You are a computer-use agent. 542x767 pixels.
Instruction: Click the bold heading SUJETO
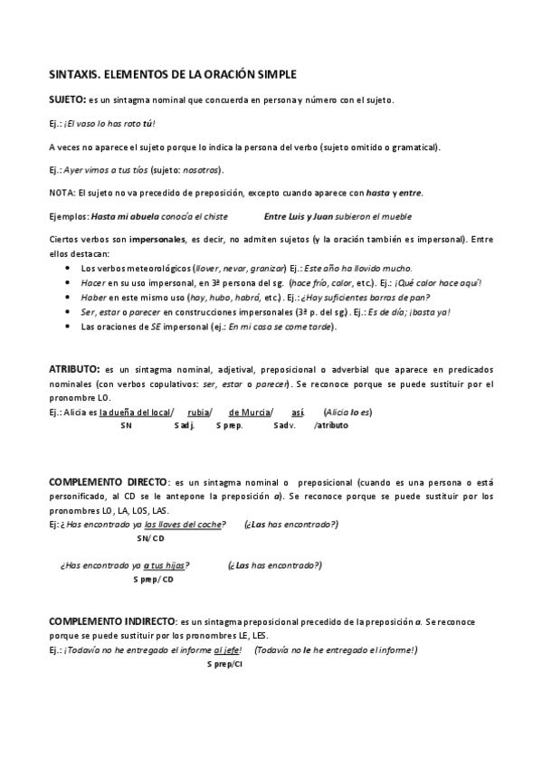[x=67, y=99]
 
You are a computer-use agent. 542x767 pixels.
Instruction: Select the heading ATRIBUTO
[x=73, y=370]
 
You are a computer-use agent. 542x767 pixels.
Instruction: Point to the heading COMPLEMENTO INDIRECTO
[x=113, y=623]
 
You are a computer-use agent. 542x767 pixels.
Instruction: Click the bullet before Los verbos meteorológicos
[x=71, y=269]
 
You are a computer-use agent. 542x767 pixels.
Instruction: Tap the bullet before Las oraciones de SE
[x=71, y=327]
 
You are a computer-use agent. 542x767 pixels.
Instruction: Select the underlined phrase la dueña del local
[x=135, y=412]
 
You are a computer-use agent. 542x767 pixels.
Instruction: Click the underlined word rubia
[x=199, y=412]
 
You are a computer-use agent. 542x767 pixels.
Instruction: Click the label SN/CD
[x=150, y=539]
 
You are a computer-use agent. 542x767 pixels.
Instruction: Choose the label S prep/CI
[x=224, y=664]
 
